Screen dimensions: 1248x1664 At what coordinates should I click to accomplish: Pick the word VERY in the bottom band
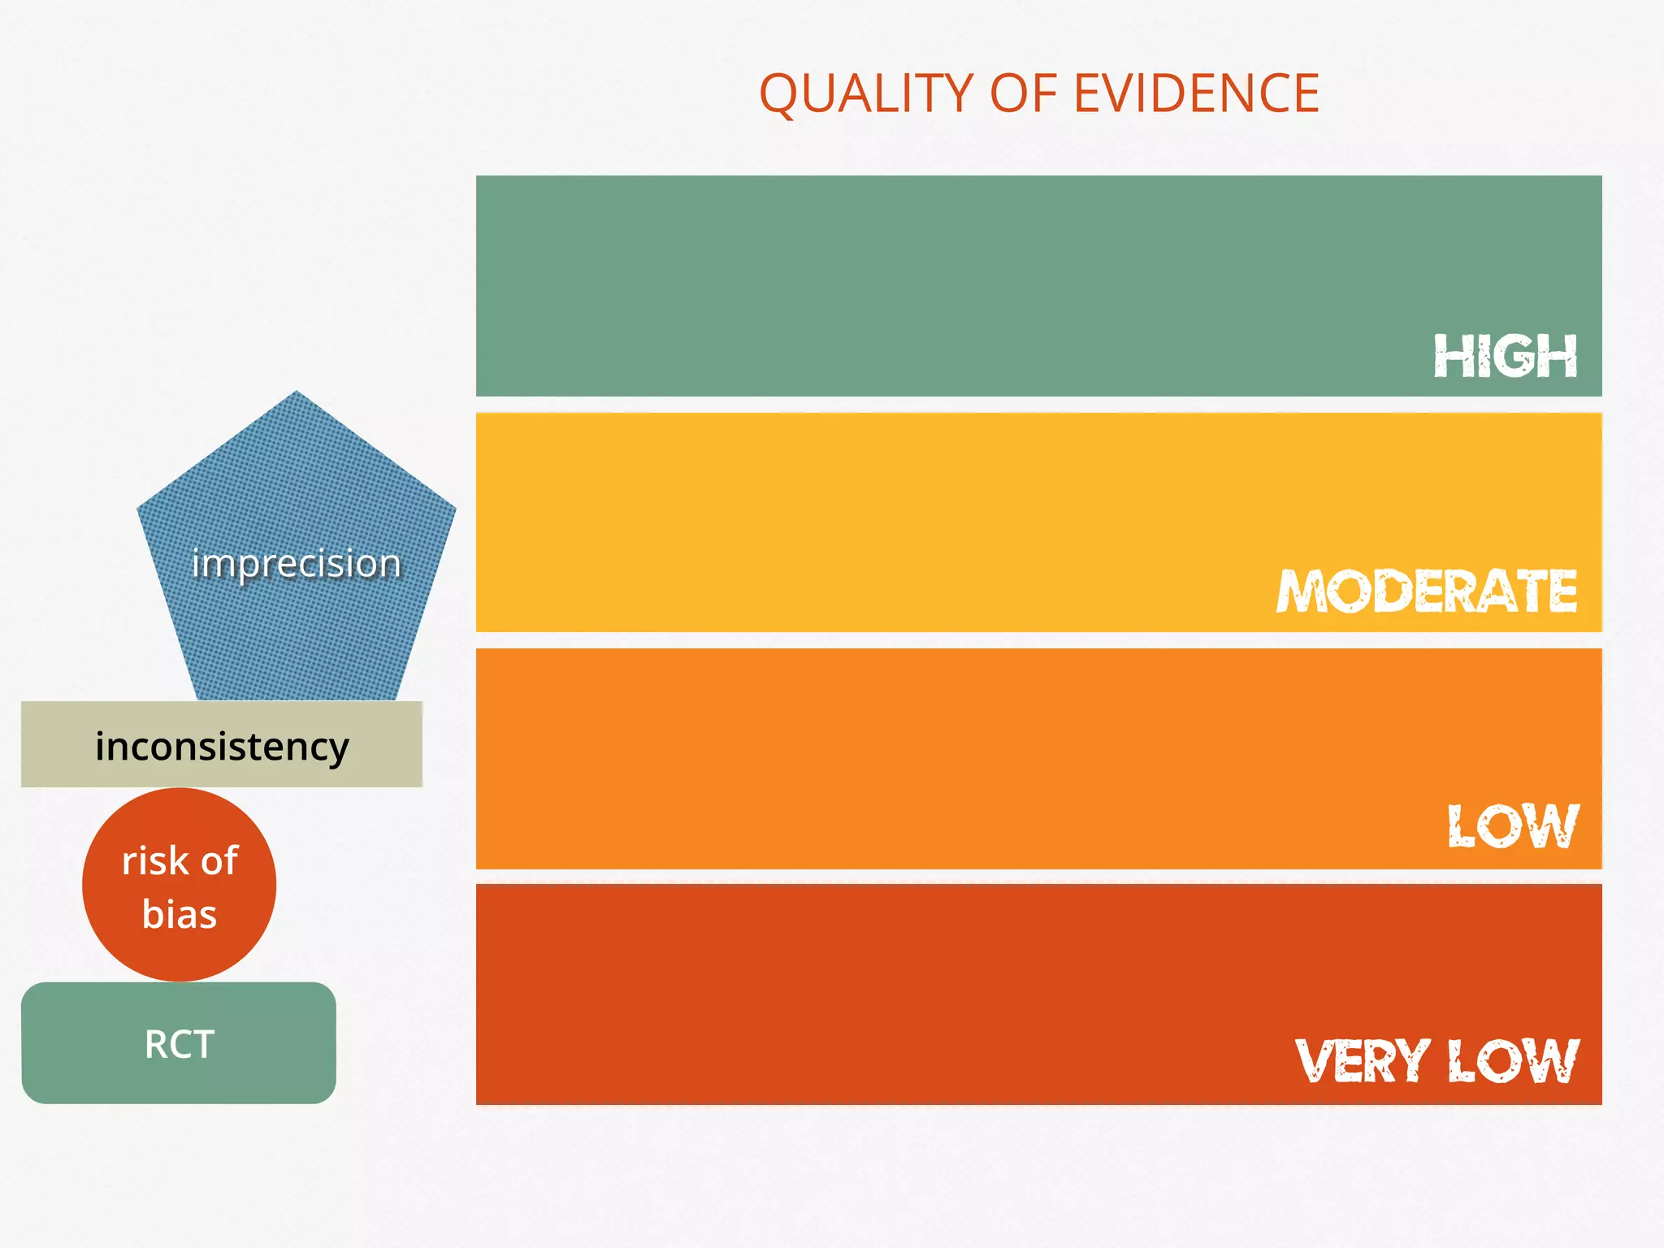pos(1362,1061)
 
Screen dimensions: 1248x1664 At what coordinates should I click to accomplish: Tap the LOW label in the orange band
pos(1513,827)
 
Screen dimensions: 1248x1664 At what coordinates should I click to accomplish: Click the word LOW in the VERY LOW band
pos(1513,1061)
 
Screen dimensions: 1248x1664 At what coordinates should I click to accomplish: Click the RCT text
pos(179,1045)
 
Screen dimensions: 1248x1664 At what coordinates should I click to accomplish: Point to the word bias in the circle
pos(179,914)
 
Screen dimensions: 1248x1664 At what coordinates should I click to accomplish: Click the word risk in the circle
pos(154,861)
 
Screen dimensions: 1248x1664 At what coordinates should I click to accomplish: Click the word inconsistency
pos(222,746)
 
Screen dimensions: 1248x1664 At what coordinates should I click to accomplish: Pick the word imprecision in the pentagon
pos(296,563)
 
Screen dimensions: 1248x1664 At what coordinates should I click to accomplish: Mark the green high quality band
pos(894,284)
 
